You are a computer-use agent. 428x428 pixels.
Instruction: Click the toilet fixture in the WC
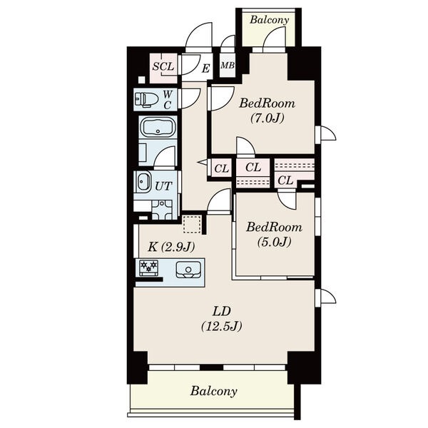(146, 99)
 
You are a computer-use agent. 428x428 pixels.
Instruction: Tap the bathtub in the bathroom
(158, 128)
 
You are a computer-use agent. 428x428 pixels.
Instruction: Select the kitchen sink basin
(188, 270)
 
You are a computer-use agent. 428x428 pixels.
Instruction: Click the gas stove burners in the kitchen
(148, 267)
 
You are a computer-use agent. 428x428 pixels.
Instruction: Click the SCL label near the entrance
(163, 66)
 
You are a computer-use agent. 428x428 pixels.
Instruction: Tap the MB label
(228, 66)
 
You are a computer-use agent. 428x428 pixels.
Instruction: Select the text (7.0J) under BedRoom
(267, 118)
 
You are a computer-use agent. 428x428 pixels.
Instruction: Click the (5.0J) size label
(275, 242)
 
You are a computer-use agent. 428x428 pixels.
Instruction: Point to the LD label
(222, 312)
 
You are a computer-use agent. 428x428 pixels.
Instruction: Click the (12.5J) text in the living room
(222, 326)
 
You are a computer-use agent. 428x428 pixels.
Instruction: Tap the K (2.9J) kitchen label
(171, 247)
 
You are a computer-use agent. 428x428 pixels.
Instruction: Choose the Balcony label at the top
(269, 20)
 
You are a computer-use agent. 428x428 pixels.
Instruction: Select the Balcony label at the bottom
(214, 391)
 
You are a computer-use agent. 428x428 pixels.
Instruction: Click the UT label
(163, 186)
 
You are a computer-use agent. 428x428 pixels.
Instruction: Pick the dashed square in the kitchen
(193, 225)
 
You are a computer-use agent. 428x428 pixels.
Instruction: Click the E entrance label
(205, 68)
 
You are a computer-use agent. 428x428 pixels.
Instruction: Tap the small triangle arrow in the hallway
(203, 163)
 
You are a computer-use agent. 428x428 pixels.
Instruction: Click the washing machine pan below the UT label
(162, 210)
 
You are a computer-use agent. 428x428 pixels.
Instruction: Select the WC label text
(168, 100)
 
